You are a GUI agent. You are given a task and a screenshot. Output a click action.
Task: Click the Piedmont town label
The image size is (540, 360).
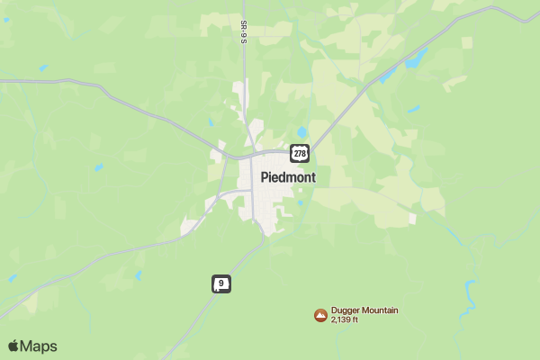pyautogui.click(x=288, y=177)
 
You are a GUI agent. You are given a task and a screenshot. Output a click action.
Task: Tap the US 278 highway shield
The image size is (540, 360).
pyautogui.click(x=301, y=153)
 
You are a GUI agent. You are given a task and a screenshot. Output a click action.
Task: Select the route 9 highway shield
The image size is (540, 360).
pyautogui.click(x=221, y=283)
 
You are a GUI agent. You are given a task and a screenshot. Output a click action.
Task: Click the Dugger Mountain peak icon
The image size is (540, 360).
pyautogui.click(x=320, y=315)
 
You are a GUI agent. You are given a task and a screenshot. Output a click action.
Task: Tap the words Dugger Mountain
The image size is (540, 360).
pyautogui.click(x=364, y=310)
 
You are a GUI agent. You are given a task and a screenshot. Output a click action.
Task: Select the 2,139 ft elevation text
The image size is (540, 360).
pyautogui.click(x=345, y=319)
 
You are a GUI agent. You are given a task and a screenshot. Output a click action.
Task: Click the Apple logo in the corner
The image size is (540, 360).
pyautogui.click(x=13, y=346)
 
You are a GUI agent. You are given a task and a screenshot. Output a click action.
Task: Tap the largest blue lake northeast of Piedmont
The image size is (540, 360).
pyautogui.click(x=416, y=59)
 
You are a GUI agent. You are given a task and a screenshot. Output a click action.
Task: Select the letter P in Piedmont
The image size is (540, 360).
pyautogui.click(x=265, y=177)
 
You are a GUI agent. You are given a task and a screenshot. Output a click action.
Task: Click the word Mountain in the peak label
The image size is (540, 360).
pyautogui.click(x=379, y=310)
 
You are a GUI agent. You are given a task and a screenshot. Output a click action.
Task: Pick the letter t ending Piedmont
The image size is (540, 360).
pyautogui.click(x=313, y=177)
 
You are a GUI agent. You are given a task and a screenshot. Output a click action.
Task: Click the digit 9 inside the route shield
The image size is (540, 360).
pyautogui.click(x=221, y=283)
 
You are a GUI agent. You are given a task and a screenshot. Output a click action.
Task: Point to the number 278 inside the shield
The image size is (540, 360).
pyautogui.click(x=301, y=153)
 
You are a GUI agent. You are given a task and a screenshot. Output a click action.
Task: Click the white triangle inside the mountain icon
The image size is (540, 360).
pyautogui.click(x=320, y=315)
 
